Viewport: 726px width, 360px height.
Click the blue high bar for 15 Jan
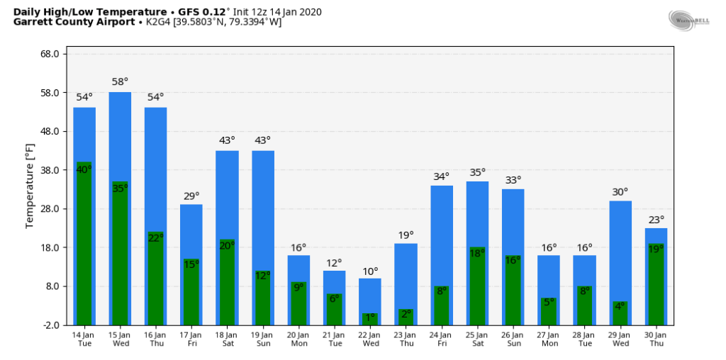point(120,135)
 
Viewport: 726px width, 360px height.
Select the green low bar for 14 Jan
point(84,248)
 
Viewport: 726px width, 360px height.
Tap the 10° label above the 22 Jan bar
point(370,271)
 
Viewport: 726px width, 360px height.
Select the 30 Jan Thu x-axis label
point(655,339)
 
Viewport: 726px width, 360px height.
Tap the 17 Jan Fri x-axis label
point(191,339)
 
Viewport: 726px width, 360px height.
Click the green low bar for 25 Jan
point(477,291)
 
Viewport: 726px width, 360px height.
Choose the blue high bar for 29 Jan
point(620,248)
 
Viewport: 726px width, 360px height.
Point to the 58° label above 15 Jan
point(120,82)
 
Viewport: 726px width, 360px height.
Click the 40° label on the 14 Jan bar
point(84,169)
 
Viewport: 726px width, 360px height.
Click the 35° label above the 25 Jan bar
point(477,172)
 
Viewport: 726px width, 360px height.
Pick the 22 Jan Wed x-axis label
point(370,339)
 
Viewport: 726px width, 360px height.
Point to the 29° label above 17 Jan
point(191,196)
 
